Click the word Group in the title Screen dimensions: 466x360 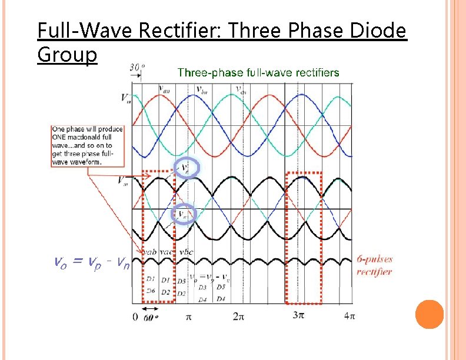coord(66,55)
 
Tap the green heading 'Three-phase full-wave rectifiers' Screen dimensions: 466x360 coord(258,72)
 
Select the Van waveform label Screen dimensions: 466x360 coord(165,89)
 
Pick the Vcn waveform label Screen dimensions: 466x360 coord(241,90)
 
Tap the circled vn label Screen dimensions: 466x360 coord(184,214)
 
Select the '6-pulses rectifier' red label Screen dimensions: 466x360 coord(375,265)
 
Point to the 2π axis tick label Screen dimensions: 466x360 coord(238,316)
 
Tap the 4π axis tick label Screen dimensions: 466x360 coord(349,316)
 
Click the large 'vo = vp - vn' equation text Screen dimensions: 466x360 coord(91,262)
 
